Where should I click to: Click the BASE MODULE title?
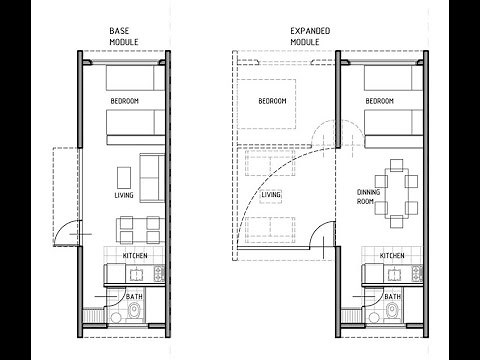[x=125, y=37]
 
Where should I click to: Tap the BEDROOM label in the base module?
[x=125, y=102]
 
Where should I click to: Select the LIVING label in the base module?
[x=124, y=196]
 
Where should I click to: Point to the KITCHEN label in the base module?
[x=137, y=256]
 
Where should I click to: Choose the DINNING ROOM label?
[x=371, y=196]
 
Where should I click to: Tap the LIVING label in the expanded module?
[x=271, y=195]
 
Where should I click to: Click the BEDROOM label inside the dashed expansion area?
[x=272, y=102]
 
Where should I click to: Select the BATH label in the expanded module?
[x=393, y=297]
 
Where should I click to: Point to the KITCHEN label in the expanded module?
[x=393, y=256]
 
